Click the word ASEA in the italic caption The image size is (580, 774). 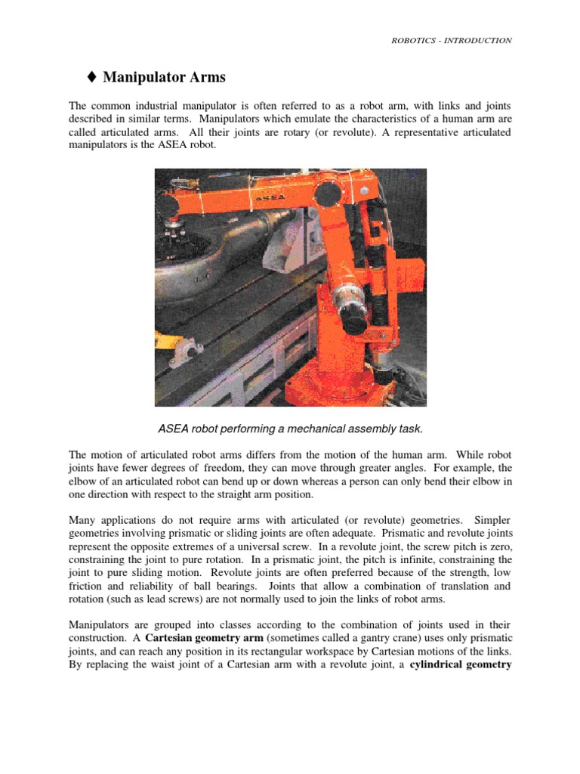[x=174, y=429]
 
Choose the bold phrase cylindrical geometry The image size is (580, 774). [x=465, y=665]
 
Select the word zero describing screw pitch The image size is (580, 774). [x=498, y=546]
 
